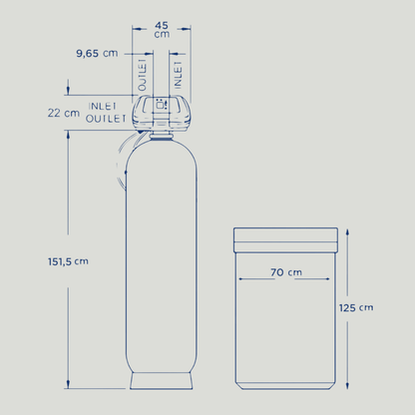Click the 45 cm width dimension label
[162, 30]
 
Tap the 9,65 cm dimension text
[97, 53]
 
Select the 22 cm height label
[64, 113]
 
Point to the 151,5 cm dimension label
[68, 261]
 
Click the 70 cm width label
[286, 272]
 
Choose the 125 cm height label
[356, 308]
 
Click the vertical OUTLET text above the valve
[143, 75]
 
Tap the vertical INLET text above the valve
[179, 75]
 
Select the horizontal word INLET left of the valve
[103, 107]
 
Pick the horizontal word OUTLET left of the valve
[106, 119]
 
